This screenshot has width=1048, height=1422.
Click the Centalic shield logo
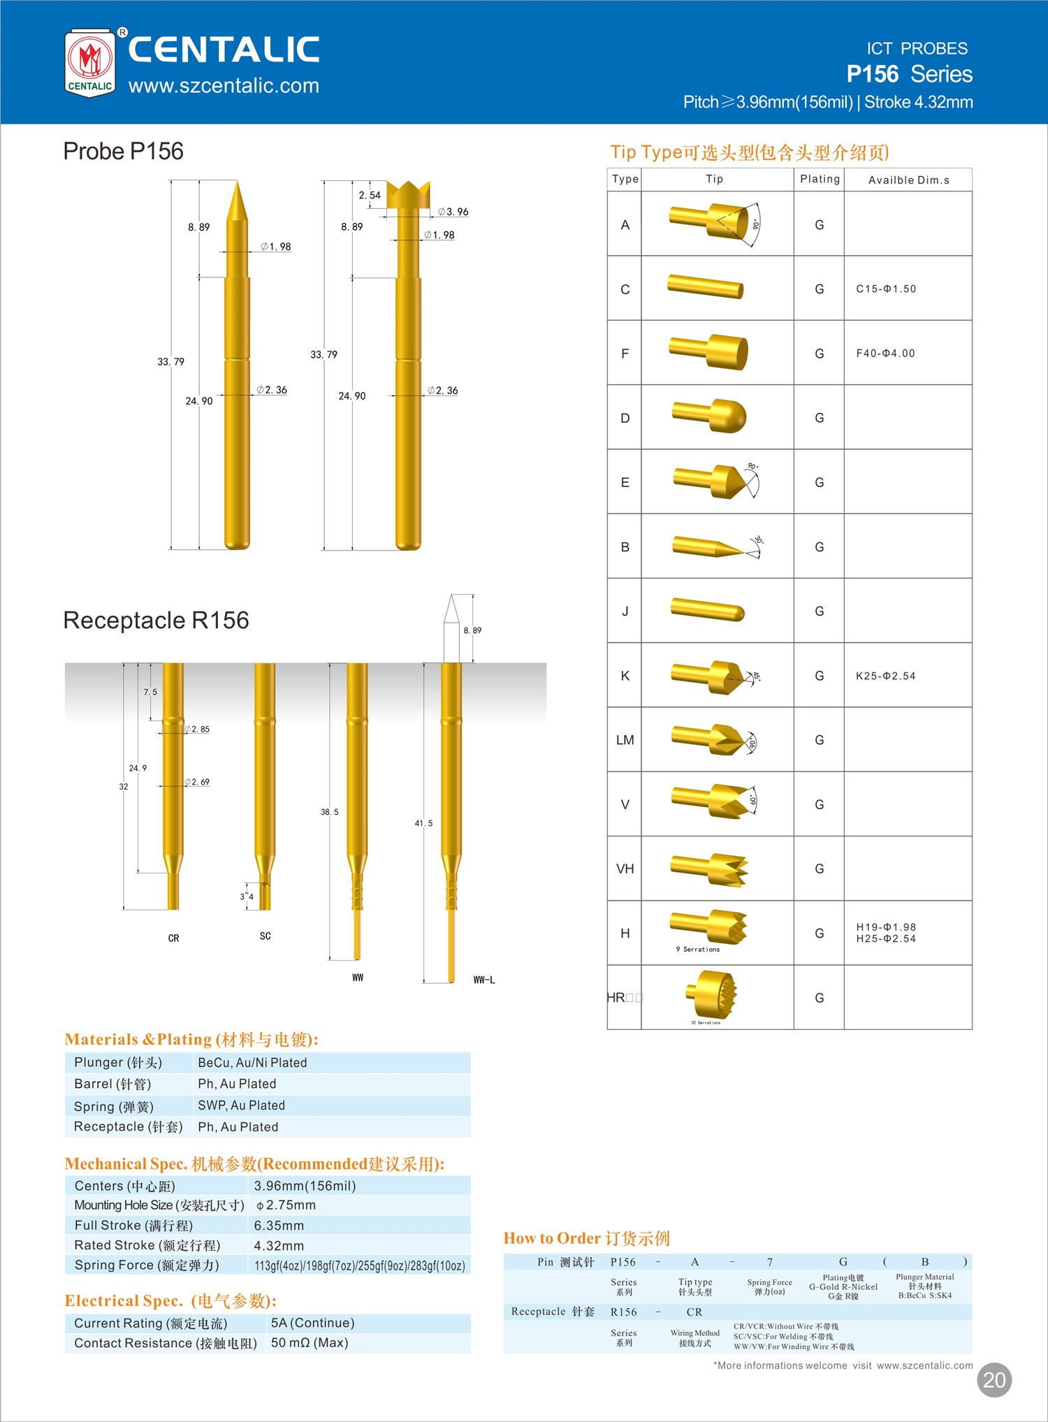90,62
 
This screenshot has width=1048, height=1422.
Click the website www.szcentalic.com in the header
224,86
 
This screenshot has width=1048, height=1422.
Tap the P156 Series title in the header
909,74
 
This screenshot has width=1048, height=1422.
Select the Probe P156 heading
123,151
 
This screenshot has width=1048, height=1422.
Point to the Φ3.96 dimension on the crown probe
453,212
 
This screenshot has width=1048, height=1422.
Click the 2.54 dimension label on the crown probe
370,195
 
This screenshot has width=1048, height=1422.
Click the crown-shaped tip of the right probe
408,194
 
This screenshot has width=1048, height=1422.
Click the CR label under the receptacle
173,938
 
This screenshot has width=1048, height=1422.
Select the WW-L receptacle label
483,980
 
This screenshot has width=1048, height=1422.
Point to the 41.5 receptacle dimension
423,823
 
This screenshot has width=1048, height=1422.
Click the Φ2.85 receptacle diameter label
197,729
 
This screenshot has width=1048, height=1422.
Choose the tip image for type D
710,416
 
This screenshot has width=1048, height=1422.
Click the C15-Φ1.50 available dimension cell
886,289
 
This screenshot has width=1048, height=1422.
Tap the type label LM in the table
625,740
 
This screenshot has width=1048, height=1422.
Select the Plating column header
820,179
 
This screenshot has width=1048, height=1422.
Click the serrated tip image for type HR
711,994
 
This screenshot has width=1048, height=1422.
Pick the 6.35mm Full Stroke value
279,1226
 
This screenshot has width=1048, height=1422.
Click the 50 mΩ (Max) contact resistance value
310,1343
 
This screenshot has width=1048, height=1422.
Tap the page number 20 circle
994,1380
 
